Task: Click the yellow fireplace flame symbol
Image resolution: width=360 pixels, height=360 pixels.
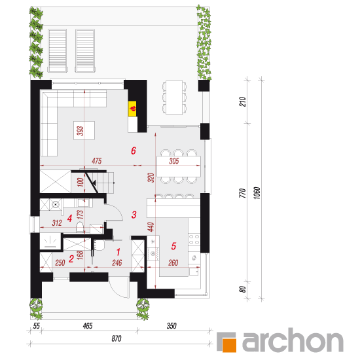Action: coord(132,109)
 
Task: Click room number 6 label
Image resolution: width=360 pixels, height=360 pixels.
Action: coord(134,151)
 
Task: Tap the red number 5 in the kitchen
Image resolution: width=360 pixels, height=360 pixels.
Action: coord(173,246)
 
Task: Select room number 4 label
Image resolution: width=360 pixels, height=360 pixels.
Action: coord(70,218)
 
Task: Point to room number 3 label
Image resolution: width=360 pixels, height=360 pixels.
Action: coord(134,215)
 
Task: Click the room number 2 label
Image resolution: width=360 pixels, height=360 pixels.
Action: coord(71,259)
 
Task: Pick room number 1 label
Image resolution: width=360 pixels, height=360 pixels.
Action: coord(118,252)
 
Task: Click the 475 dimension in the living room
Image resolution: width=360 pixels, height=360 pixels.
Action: coord(97,161)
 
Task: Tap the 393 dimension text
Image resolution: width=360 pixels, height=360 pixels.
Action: coord(80,131)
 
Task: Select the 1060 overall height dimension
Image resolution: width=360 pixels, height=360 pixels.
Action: coord(257,193)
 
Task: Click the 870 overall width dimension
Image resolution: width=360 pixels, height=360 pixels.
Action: coord(117,338)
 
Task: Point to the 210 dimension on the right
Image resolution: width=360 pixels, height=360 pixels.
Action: coord(242,101)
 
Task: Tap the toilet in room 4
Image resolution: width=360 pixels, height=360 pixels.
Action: coord(80,227)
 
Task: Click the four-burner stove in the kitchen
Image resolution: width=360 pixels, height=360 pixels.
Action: coord(194,239)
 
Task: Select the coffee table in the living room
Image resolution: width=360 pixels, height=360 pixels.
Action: coord(84,130)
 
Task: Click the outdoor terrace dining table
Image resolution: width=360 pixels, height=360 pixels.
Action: coord(174,97)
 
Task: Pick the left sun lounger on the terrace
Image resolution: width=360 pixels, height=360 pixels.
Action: coord(58,50)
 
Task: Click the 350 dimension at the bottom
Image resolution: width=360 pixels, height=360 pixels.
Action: coord(171,326)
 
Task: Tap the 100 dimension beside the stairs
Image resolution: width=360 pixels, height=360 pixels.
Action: coord(80,182)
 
